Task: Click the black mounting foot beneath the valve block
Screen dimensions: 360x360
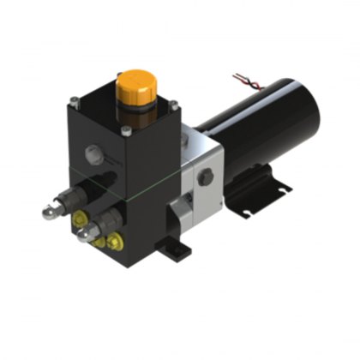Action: coord(176,249)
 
